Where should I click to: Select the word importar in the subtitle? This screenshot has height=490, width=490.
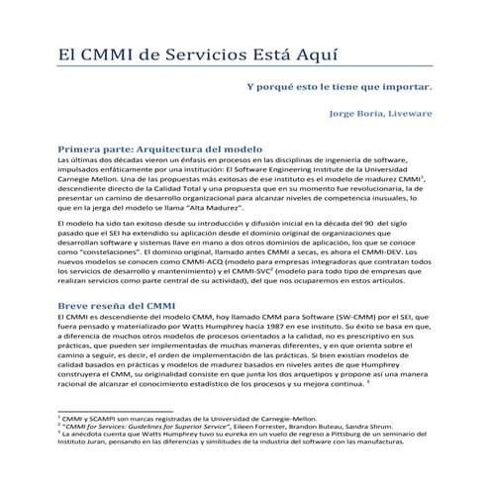click(406, 85)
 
